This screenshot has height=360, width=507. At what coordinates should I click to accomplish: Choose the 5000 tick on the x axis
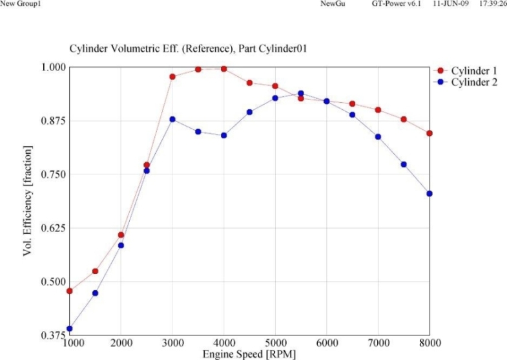(x=275, y=343)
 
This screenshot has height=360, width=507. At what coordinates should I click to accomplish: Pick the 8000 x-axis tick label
(x=429, y=343)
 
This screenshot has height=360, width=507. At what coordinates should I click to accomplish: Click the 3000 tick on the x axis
(x=172, y=343)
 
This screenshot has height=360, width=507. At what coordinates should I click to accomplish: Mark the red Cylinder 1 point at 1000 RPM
(x=70, y=291)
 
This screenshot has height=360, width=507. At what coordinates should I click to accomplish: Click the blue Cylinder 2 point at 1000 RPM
(x=70, y=328)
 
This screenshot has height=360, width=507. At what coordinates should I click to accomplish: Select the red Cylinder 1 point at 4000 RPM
(x=223, y=69)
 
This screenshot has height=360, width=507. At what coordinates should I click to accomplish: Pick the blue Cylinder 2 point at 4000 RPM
(x=223, y=135)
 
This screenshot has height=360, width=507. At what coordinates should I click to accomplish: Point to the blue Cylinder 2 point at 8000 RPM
(x=429, y=193)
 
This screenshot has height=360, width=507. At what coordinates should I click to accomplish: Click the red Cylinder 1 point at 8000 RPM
(x=429, y=133)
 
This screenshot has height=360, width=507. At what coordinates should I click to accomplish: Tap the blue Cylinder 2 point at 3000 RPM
(x=172, y=119)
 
